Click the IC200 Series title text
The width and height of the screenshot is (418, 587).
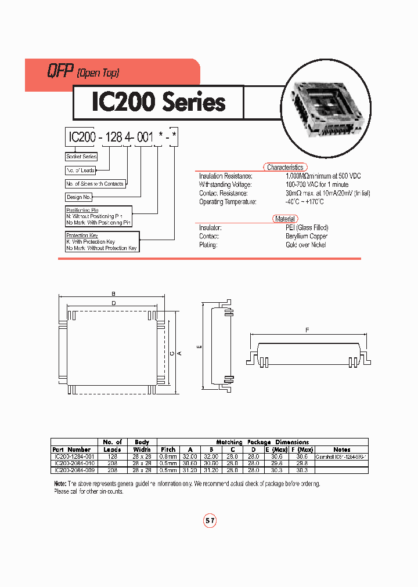pos(158,103)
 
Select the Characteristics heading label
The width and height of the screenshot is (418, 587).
pos(284,167)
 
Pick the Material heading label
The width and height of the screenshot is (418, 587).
pos(284,219)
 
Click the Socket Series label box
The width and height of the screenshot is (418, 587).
pos(81,157)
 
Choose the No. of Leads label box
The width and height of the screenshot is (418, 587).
pos(80,171)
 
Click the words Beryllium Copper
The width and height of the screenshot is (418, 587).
pos(306,236)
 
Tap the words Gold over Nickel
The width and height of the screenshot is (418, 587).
pos(305,245)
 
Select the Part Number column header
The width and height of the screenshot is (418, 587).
pos(71,449)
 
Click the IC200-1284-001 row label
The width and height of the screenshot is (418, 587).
pos(72,456)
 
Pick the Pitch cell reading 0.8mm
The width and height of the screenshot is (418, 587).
pos(168,456)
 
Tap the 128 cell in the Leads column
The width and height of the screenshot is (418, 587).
pos(112,456)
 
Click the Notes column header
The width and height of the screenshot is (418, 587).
pos(342,449)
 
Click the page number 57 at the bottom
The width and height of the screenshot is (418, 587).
pos(210,521)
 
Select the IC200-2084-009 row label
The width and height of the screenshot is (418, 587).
pos(72,470)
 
